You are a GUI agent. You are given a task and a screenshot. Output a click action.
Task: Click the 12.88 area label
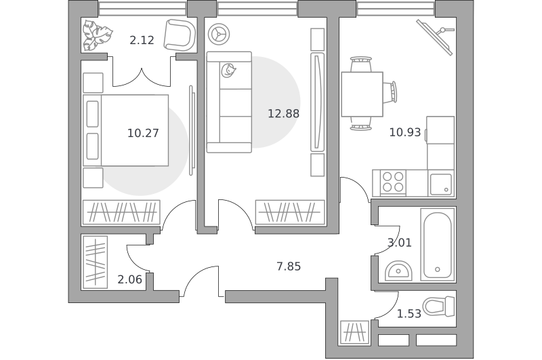[x=283, y=113]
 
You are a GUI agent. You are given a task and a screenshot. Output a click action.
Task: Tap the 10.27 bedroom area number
[x=143, y=133]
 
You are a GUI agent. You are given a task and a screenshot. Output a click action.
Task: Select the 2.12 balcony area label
[x=142, y=40]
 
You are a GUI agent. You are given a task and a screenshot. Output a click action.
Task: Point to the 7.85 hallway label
[x=289, y=266]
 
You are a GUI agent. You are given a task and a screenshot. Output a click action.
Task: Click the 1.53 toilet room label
[x=409, y=314]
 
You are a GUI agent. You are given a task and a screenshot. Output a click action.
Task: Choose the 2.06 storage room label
[x=129, y=279]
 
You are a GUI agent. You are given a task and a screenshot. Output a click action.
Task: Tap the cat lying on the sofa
[x=228, y=71]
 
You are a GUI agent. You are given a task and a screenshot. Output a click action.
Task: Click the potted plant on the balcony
[x=97, y=35]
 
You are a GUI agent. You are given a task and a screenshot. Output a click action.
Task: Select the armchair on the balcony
[x=180, y=35]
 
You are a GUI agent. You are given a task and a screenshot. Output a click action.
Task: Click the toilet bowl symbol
[x=439, y=306]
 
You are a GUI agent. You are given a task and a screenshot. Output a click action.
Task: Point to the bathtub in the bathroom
[x=438, y=245]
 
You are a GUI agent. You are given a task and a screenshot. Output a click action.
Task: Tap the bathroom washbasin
[x=398, y=271]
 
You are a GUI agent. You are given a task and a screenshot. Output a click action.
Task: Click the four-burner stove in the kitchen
[x=393, y=182]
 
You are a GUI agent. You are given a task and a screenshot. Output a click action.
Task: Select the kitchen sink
[x=441, y=184]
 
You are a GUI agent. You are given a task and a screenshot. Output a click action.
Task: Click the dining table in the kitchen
[x=362, y=94]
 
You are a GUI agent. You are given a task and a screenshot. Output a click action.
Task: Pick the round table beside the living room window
[x=219, y=34]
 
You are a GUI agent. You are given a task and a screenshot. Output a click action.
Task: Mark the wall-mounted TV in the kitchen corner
[x=435, y=37]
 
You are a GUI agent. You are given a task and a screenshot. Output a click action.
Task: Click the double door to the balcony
[x=142, y=77]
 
